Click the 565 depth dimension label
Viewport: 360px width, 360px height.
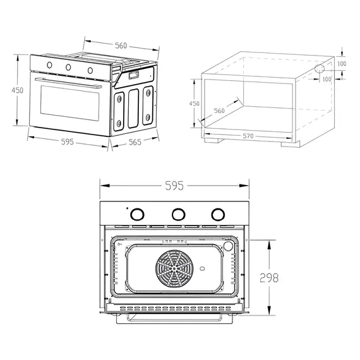pos(135,142)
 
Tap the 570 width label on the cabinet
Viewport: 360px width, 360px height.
pos(248,136)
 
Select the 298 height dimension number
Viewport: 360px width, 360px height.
pos(269,278)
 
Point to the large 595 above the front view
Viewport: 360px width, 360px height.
pos(174,186)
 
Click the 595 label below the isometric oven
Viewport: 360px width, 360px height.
pos(68,142)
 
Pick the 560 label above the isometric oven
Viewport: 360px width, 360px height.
pos(121,45)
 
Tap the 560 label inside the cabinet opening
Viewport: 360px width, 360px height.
pos(219,111)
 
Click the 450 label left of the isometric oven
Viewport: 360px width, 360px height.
pos(18,90)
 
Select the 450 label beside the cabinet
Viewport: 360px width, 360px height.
pos(195,104)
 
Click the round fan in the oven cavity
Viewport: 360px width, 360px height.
pos(174,269)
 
